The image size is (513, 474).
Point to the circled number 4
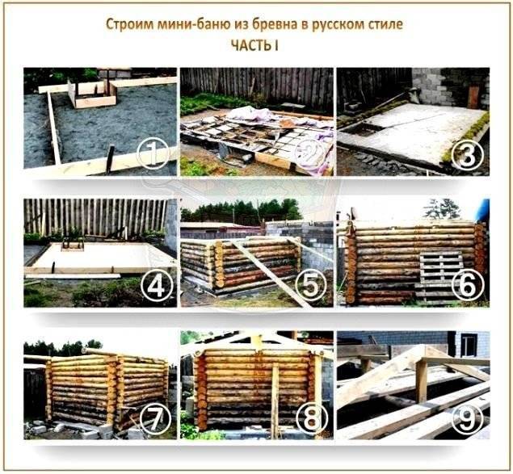click(x=156, y=286)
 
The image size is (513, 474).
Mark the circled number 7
click(x=155, y=418)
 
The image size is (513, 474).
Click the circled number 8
click(x=311, y=418)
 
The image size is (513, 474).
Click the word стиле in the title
click(x=385, y=24)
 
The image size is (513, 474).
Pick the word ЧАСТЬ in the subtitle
click(x=251, y=45)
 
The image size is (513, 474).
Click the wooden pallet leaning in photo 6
click(x=440, y=275)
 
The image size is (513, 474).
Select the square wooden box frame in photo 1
click(x=92, y=93)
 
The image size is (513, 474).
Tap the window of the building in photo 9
click(x=469, y=346)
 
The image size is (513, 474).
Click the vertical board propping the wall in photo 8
click(x=275, y=401)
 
